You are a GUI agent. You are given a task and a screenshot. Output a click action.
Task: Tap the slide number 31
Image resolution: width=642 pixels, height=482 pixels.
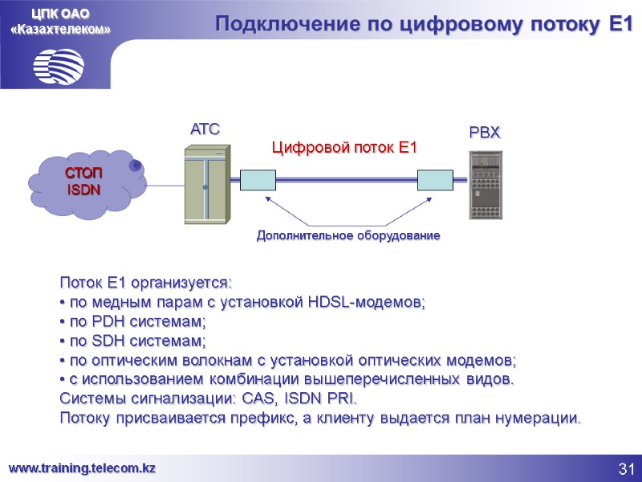pos(627,469)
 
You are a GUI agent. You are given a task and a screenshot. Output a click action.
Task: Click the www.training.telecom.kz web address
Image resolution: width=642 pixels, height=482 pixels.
pos(82,468)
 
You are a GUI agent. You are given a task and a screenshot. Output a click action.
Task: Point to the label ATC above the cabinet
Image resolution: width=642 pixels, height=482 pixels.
pos(205,129)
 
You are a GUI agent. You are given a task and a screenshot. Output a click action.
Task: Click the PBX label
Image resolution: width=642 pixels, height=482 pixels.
pos(485,133)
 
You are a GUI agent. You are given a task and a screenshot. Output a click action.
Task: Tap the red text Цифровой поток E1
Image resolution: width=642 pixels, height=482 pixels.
pos(345,148)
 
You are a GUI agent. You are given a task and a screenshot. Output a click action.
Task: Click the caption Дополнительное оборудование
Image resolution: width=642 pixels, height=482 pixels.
pos(348,236)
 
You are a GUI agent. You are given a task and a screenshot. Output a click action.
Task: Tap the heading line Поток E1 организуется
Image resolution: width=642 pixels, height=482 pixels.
pos(145,284)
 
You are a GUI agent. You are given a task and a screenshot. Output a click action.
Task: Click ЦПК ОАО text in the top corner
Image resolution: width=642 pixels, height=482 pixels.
pos(60,13)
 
